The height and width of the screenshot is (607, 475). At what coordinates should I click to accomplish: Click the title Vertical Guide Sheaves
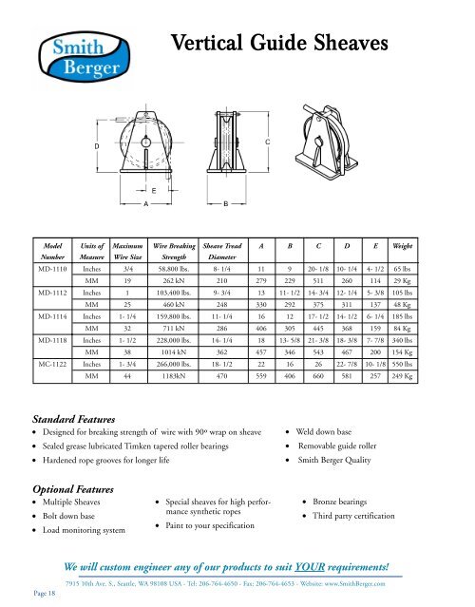280,44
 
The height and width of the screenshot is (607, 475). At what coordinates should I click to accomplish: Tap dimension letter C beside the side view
268,142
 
